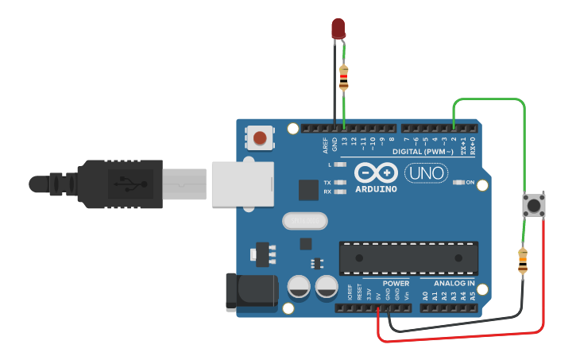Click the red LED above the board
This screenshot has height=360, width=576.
pyautogui.click(x=338, y=29)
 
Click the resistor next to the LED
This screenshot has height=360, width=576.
pyautogui.click(x=343, y=77)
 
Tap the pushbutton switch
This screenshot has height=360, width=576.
pyautogui.click(x=532, y=207)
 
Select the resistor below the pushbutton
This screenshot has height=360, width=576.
pyautogui.click(x=522, y=261)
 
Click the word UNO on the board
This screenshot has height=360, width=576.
pyautogui.click(x=427, y=172)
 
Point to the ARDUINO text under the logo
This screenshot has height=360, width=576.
pyautogui.click(x=376, y=190)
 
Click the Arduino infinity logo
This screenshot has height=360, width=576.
pyautogui.click(x=376, y=172)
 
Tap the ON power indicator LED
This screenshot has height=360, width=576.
pyautogui.click(x=458, y=183)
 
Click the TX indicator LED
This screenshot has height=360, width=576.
pyautogui.click(x=341, y=183)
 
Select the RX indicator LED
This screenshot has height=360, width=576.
pyautogui.click(x=341, y=192)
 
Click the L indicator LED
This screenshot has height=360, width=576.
pyautogui.click(x=341, y=165)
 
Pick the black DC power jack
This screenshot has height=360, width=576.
pyautogui.click(x=249, y=291)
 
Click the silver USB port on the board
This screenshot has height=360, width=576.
pyautogui.click(x=242, y=184)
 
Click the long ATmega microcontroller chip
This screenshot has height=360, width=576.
pyautogui.click(x=408, y=257)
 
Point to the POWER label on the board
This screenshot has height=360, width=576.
pyautogui.click(x=396, y=284)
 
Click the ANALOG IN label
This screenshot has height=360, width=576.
pyautogui.click(x=454, y=284)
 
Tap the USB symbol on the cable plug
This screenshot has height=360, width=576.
pyautogui.click(x=126, y=183)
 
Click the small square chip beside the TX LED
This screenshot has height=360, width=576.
pyautogui.click(x=308, y=190)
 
